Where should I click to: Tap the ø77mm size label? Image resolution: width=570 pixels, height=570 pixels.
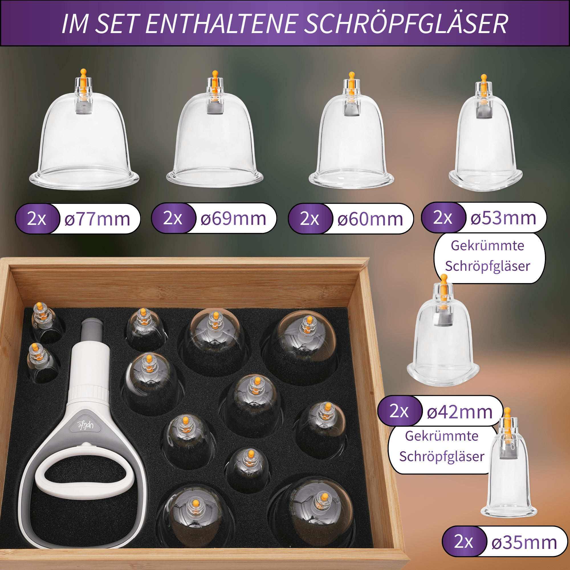tap(97, 219)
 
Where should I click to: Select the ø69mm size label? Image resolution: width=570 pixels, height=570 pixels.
tap(233, 218)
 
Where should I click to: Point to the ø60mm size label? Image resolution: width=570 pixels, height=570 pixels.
tap(370, 219)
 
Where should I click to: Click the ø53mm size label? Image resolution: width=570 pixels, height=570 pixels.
tap(503, 218)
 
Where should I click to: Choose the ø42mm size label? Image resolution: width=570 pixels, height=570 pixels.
tap(460, 412)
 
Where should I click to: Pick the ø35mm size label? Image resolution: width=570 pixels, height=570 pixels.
tap(524, 542)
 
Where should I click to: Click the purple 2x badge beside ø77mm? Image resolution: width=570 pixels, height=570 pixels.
tap(36, 219)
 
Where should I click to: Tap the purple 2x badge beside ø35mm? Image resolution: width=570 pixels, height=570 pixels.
tap(464, 542)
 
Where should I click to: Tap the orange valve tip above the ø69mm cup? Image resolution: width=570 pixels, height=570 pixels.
tap(215, 74)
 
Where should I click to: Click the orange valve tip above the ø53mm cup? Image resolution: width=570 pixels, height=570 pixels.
tap(484, 78)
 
